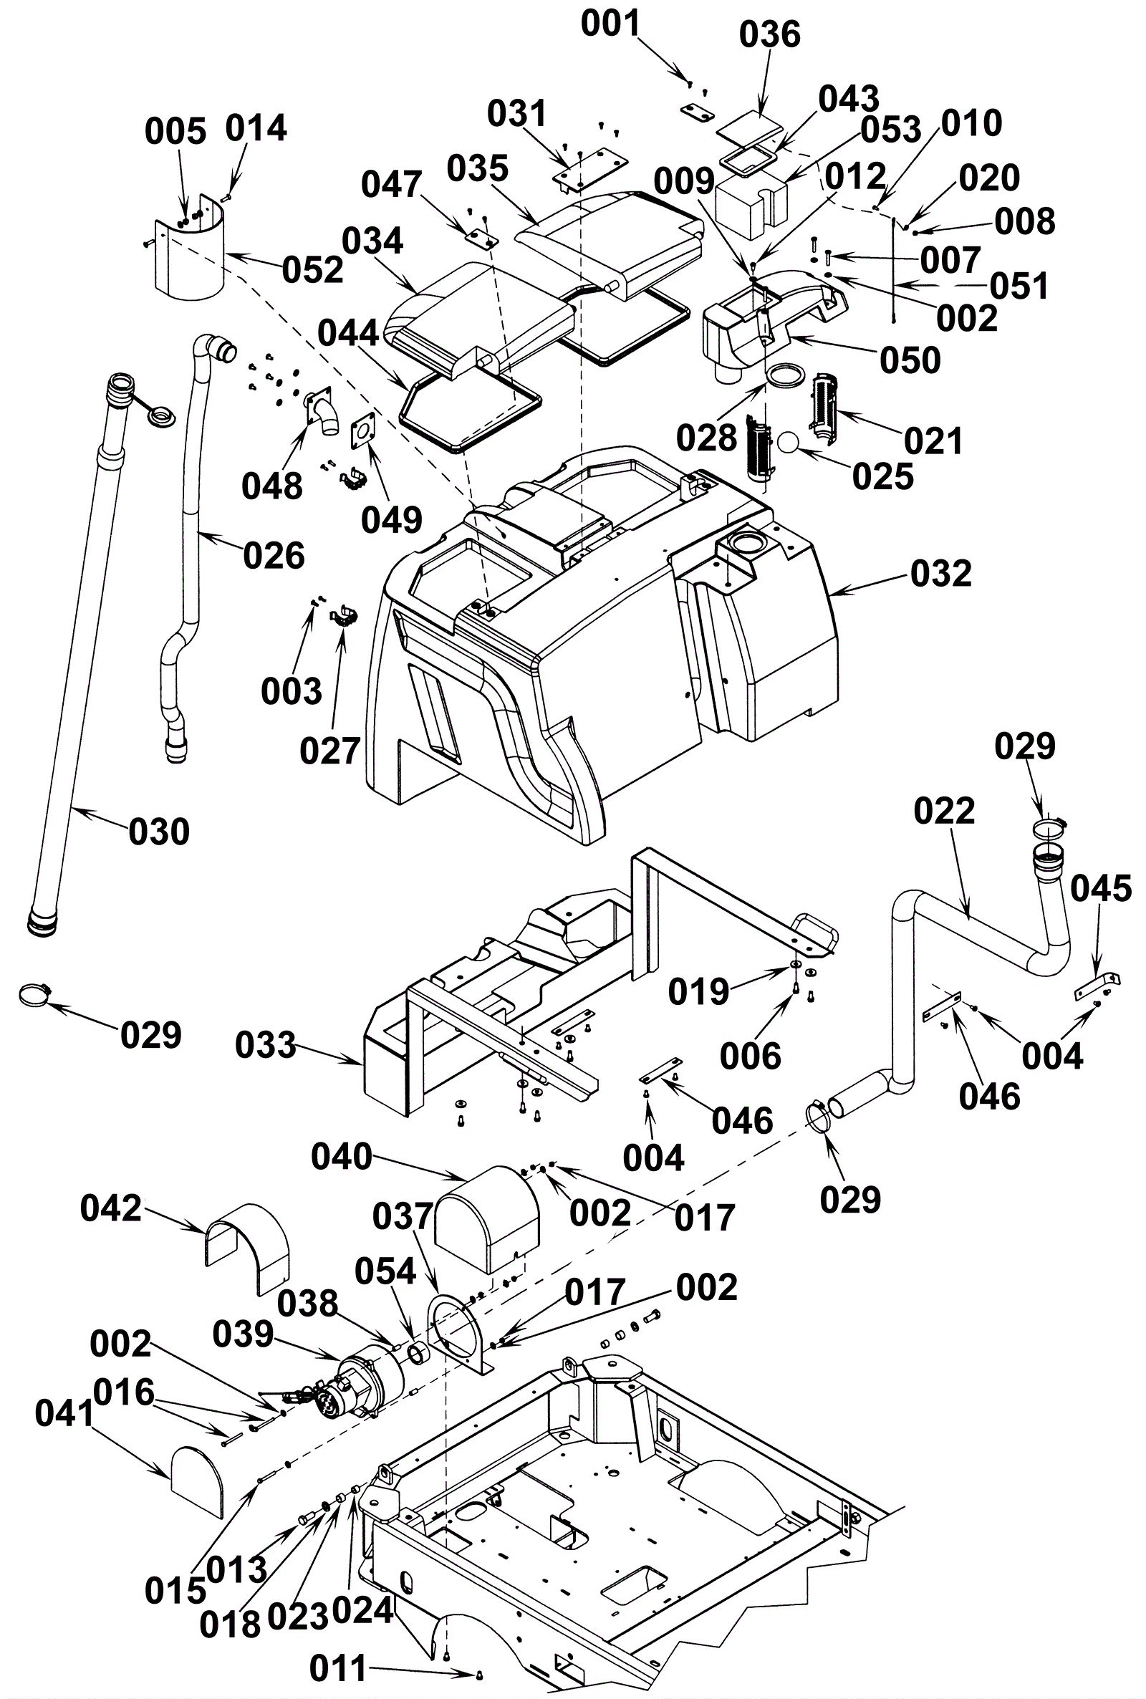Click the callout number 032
pyautogui.click(x=940, y=574)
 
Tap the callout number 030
pyautogui.click(x=158, y=832)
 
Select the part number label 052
pyautogui.click(x=312, y=270)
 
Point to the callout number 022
pyautogui.click(x=943, y=811)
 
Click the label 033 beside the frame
pyautogui.click(x=265, y=1045)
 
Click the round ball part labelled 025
pyautogui.click(x=789, y=443)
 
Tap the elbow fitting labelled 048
pyautogui.click(x=322, y=413)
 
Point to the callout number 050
pyautogui.click(x=910, y=360)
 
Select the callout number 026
pyautogui.click(x=274, y=556)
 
